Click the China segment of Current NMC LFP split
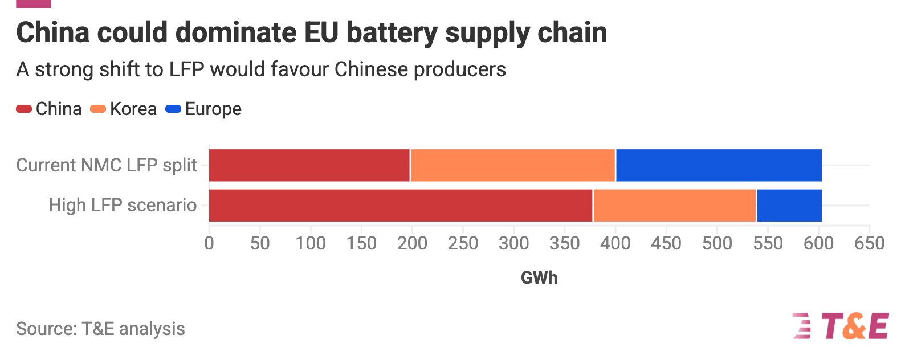click(309, 165)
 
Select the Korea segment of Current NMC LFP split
click(513, 165)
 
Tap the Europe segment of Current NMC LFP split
click(719, 165)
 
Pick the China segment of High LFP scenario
click(401, 205)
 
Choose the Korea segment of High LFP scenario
click(675, 205)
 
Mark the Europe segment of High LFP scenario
click(789, 205)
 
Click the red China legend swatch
click(24, 109)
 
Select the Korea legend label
click(133, 109)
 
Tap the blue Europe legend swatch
click(173, 109)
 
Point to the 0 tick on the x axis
click(209, 243)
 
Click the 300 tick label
click(513, 243)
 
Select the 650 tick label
click(869, 243)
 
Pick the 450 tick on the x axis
click(666, 243)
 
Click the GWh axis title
click(539, 277)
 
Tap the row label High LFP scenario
click(123, 205)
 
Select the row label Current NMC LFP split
click(107, 165)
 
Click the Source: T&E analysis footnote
click(100, 329)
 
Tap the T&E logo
click(840, 326)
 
